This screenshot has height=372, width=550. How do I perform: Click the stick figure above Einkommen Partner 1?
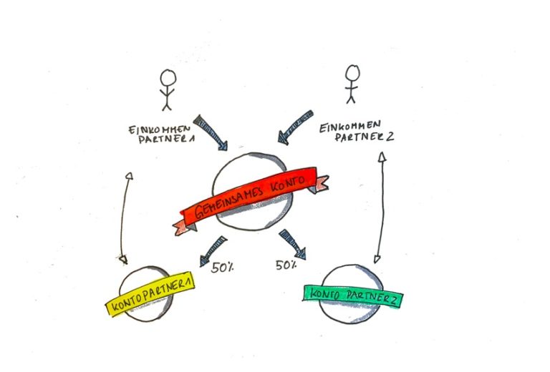[x=167, y=89]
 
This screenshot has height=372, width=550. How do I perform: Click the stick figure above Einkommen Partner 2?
[x=350, y=84]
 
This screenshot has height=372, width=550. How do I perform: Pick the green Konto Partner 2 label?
[x=352, y=295]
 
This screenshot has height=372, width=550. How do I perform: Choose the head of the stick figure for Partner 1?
[x=167, y=77]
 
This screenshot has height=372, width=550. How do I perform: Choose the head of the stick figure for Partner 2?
[x=350, y=72]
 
